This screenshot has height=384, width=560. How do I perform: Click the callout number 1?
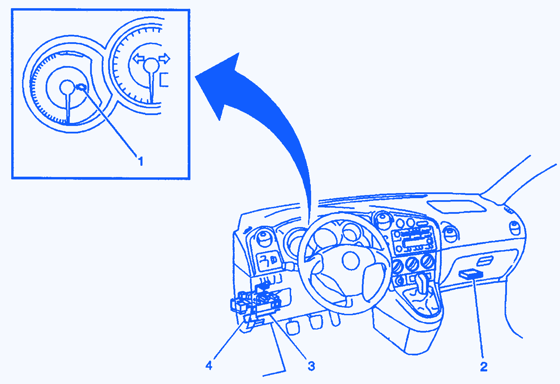141,161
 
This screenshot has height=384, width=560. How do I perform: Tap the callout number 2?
484,367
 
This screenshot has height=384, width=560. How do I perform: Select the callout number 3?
311,366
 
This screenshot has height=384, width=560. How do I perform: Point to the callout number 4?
209,366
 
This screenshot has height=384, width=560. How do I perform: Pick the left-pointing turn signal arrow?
138,59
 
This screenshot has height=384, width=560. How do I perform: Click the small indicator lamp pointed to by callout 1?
82,87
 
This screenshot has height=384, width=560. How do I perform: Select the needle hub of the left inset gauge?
67,87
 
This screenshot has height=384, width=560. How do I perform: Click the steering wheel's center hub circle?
351,261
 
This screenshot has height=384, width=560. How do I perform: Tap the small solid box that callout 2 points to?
471,274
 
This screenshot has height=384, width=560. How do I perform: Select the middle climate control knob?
412,264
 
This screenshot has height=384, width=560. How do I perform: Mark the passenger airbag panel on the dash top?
457,207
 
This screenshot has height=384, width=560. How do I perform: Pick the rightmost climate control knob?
427,261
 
